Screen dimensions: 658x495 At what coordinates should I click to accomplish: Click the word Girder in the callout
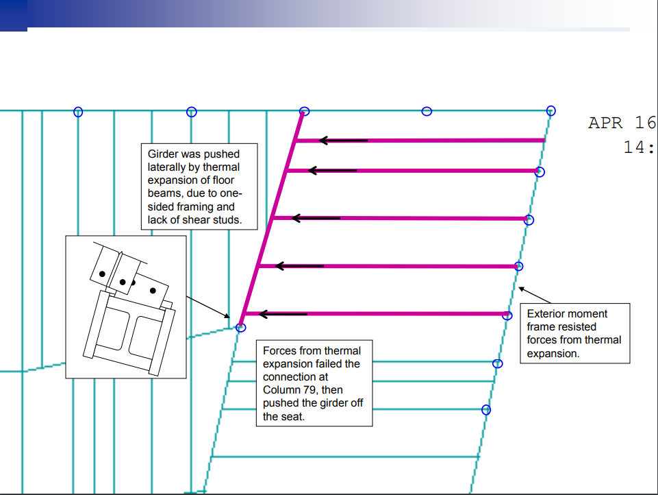pyautogui.click(x=162, y=154)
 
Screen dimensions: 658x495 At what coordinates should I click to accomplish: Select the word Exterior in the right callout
pyautogui.click(x=546, y=314)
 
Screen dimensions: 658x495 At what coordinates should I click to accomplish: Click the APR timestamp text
pyautogui.click(x=605, y=123)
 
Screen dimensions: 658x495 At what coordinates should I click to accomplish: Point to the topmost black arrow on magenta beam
pyautogui.click(x=343, y=141)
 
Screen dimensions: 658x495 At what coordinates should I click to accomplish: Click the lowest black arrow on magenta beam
pyautogui.click(x=283, y=314)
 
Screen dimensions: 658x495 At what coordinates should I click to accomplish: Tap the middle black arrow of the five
pyautogui.click(x=316, y=218)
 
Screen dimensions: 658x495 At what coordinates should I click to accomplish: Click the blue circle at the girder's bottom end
pyautogui.click(x=240, y=328)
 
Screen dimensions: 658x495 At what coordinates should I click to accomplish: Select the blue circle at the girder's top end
pyautogui.click(x=304, y=111)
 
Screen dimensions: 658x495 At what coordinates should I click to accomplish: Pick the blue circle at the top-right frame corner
pyautogui.click(x=551, y=111)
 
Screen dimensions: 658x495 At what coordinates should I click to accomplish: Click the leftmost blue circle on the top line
pyautogui.click(x=78, y=112)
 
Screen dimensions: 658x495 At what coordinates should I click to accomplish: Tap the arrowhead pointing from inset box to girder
pyautogui.click(x=227, y=316)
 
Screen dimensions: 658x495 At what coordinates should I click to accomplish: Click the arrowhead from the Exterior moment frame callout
pyautogui.click(x=522, y=289)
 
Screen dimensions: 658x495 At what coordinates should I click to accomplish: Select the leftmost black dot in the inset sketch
pyautogui.click(x=102, y=274)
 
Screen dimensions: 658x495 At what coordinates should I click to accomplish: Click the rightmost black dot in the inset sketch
pyautogui.click(x=153, y=291)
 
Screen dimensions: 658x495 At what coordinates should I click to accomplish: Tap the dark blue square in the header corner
pyautogui.click(x=14, y=16)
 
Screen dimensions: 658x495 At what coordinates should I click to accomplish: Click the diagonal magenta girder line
pyautogui.click(x=272, y=219)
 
